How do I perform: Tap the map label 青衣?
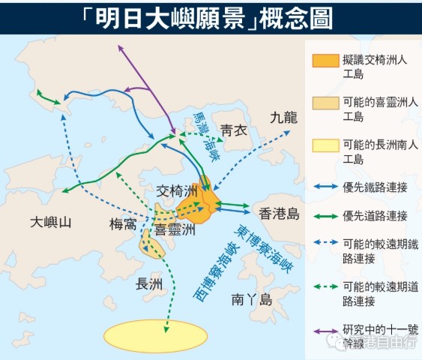click(233, 130)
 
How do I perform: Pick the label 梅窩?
click(123, 223)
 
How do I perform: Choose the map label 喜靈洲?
click(174, 229)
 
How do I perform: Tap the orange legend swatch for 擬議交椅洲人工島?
click(322, 61)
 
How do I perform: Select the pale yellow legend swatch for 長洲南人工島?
click(322, 145)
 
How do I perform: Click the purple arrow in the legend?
click(322, 330)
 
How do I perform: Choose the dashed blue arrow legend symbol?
click(322, 244)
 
